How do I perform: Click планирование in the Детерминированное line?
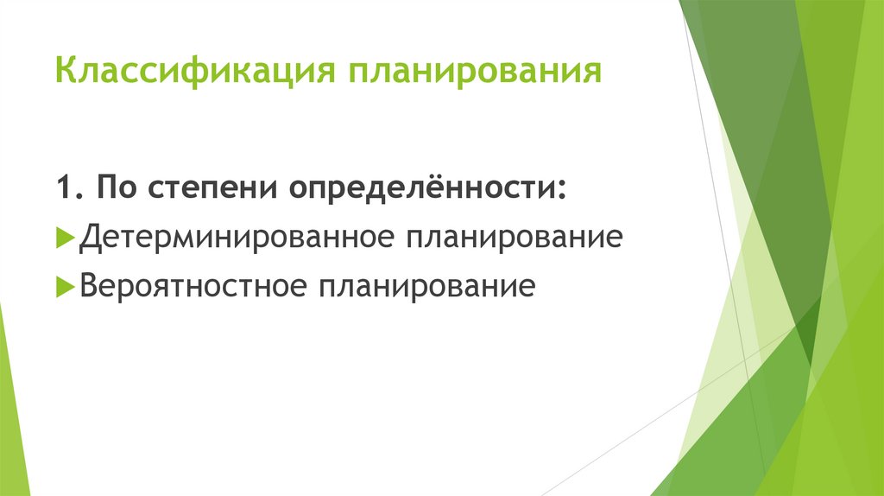(x=510, y=238)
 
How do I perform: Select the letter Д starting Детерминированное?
(x=89, y=237)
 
